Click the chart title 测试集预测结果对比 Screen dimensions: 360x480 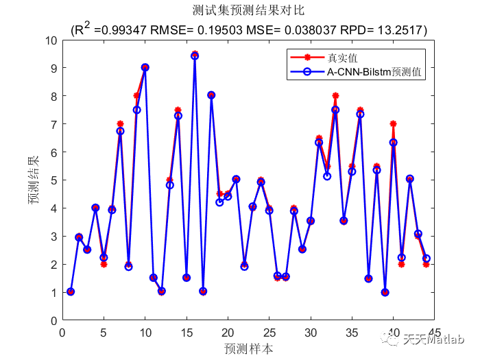coord(248,12)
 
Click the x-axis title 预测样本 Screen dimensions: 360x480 coord(248,348)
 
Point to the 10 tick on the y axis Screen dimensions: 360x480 coord(52,40)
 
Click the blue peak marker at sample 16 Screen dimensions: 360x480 coord(195,56)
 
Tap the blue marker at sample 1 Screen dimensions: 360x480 coord(71,291)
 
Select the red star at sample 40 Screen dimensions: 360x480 coord(393,124)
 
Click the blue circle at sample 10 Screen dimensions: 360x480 coord(145,67)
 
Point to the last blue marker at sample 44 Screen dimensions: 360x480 coord(426,259)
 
